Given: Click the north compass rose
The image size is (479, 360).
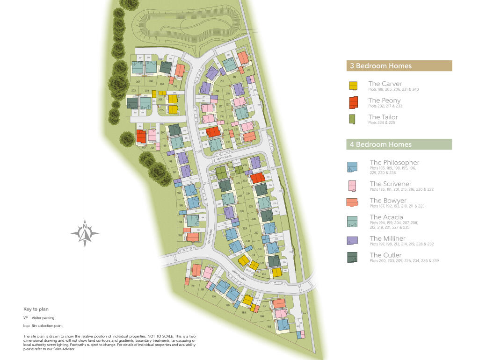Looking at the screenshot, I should coord(85,233).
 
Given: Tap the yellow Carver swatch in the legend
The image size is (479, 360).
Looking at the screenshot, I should coord(353,86).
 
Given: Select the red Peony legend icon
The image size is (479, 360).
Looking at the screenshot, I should coord(353,102).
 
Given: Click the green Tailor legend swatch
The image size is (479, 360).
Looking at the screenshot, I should coord(353,119).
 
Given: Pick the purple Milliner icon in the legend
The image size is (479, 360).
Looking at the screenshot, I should coord(352,240).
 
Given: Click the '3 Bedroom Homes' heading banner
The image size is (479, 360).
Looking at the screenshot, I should coord(399,66).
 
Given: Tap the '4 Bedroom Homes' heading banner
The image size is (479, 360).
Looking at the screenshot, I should coord(399,144).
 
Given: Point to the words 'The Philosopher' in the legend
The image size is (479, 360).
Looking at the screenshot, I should coord(394,163).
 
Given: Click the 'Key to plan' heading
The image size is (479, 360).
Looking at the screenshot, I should coord(36,309).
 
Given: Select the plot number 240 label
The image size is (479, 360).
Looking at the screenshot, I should coord(264,274).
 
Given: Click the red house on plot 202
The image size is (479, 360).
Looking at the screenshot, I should coord(141,136).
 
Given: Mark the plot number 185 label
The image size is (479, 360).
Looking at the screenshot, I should coord(269,326).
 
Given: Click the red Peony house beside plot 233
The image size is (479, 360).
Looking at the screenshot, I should coord(257,178).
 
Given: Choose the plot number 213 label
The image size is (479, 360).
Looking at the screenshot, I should coord(222,81).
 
